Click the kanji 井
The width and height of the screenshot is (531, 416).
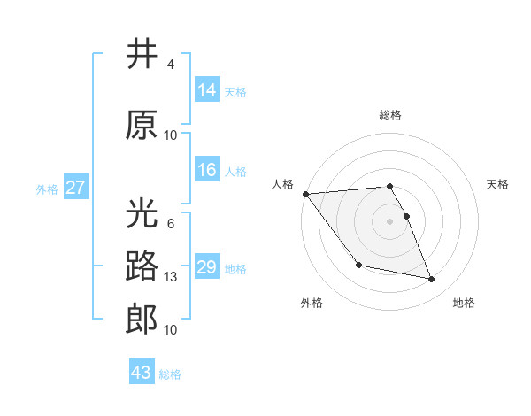pos(142,54)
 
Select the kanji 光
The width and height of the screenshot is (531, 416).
pos(142,213)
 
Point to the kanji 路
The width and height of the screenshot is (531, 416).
pos(142,266)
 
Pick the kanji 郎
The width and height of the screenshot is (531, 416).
pos(142,320)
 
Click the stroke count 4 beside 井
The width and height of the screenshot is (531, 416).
pos(171,65)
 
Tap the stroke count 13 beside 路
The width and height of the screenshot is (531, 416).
pos(171,277)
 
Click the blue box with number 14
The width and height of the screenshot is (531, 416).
pos(207,90)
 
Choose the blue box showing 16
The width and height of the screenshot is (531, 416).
pos(207,170)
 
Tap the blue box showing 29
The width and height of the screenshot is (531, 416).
pos(207,267)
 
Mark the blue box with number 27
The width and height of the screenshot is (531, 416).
pos(75,188)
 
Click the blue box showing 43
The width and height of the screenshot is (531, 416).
pos(142,373)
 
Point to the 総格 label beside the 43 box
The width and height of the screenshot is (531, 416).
pos(171,374)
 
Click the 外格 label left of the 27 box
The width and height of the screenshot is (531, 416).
pos(47,189)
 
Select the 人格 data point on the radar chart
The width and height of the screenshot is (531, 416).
pos(305,194)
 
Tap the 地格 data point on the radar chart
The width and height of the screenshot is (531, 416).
pos(432,280)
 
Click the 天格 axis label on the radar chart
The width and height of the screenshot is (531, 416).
pos(498,184)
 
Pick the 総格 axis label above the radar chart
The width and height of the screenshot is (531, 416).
pos(390,115)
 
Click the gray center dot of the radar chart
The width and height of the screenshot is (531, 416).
pos(390,220)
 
